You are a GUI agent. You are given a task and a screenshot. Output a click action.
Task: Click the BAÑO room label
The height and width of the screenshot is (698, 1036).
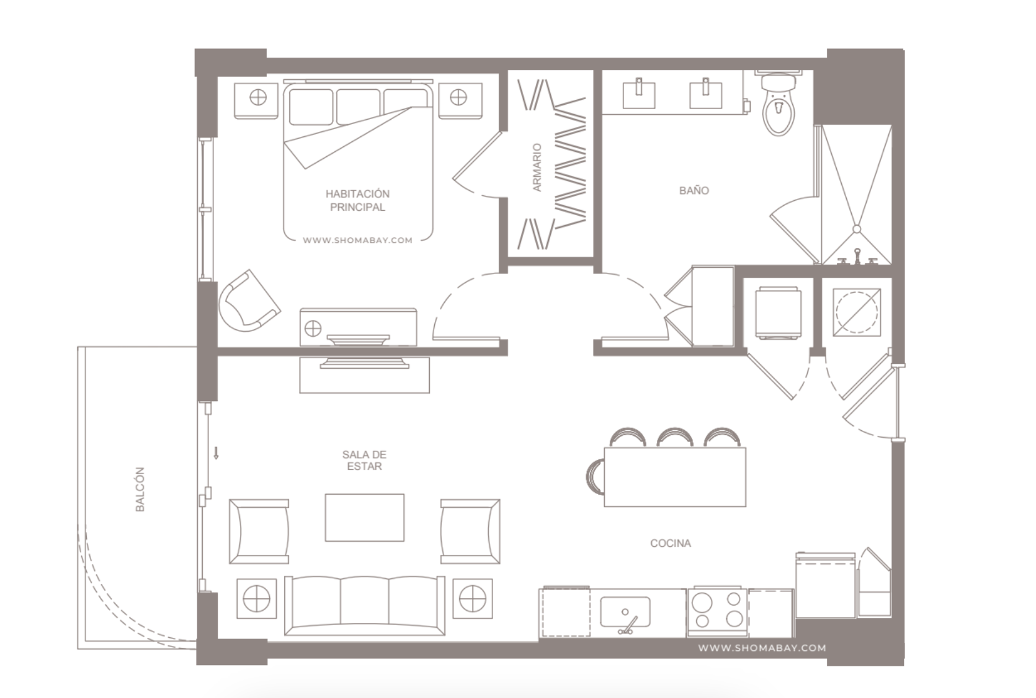(x=694, y=190)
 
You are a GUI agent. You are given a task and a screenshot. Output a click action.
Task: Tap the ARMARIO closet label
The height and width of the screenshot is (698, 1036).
(x=537, y=167)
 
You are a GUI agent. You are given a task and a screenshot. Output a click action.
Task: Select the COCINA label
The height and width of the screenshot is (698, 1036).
(x=671, y=543)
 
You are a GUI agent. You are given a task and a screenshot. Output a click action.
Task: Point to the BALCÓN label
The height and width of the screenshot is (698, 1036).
(x=140, y=489)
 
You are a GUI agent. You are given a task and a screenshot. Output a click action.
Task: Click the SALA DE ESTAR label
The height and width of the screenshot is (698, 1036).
(x=364, y=461)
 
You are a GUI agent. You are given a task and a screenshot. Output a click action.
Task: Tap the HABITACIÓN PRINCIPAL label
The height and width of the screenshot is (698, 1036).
(x=357, y=200)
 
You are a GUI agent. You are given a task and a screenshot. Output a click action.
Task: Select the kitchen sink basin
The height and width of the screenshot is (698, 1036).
(x=625, y=612)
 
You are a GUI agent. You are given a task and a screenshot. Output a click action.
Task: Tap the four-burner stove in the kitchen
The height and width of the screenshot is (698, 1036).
(x=717, y=611)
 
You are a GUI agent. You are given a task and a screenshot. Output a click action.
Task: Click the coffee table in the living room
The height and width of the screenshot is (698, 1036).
(x=364, y=517)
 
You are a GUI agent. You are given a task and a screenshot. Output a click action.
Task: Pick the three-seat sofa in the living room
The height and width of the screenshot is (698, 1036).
(x=364, y=606)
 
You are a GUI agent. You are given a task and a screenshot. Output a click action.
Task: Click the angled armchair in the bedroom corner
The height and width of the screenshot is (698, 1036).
(x=249, y=301)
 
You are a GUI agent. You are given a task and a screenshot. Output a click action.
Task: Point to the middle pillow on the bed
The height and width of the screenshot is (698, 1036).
(x=358, y=107)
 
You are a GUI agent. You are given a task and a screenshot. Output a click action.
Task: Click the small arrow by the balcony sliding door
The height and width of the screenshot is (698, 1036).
(x=216, y=453)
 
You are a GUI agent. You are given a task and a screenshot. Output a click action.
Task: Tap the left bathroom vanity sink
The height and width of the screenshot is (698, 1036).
(x=639, y=94)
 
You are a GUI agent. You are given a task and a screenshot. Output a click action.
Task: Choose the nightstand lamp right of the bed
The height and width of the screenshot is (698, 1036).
(x=458, y=97)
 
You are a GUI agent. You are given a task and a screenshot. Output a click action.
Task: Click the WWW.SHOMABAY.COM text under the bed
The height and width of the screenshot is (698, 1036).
(x=357, y=241)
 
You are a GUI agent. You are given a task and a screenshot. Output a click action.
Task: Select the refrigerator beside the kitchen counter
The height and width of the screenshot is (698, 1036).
(x=826, y=585)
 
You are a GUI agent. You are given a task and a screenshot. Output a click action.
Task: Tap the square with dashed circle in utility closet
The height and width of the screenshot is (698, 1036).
(x=857, y=312)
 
